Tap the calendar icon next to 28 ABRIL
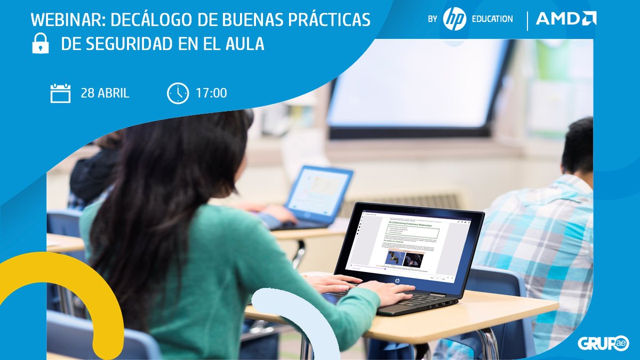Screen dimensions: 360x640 60,93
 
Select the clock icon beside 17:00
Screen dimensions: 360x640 178,93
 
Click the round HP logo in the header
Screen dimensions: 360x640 454,19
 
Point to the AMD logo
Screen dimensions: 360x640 566,19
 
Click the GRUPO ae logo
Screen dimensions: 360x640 603,343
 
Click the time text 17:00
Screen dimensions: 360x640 211,93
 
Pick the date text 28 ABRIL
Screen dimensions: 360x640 105,93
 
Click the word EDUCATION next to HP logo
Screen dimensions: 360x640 492,19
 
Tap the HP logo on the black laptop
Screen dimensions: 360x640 397,279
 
